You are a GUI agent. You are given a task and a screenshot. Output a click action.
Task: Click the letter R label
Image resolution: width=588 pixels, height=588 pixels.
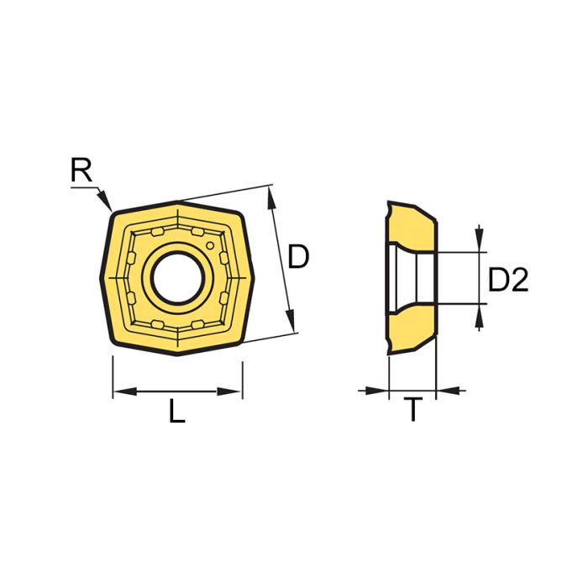click(x=81, y=172)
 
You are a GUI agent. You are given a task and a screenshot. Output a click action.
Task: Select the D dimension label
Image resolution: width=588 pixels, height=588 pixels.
click(x=298, y=256)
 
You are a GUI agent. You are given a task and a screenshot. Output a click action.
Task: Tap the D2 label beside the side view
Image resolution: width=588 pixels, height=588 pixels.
click(x=508, y=280)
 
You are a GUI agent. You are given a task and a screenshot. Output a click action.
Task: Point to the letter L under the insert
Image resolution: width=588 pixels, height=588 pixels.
click(x=176, y=412)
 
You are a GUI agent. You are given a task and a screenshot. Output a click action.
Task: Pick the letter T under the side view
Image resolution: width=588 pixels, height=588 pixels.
click(x=412, y=412)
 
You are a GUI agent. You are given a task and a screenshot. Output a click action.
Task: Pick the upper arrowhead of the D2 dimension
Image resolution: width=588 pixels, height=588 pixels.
click(x=479, y=244)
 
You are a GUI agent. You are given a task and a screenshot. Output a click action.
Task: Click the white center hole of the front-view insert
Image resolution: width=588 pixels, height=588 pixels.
click(x=176, y=276)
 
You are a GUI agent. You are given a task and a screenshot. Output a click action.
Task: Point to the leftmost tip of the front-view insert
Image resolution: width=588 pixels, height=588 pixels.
click(x=98, y=277)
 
